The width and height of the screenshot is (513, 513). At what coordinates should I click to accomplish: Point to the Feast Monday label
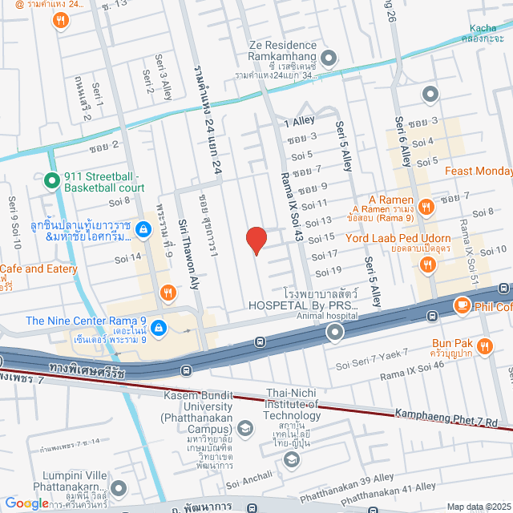pos(478,171)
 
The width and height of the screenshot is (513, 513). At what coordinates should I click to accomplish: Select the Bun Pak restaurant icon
pos(484,346)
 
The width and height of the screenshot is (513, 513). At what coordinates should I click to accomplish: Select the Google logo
pos(26,503)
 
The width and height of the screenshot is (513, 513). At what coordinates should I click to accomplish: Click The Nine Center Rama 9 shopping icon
pos(159,328)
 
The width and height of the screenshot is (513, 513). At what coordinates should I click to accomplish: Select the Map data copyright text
pos(479,506)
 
